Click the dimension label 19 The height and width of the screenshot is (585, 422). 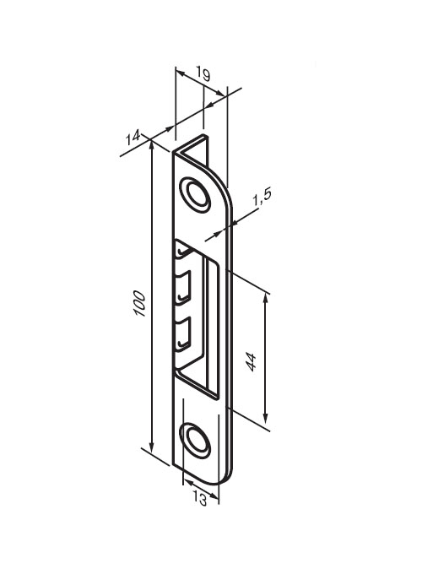pos(203,74)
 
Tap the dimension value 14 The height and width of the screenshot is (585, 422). pos(133,138)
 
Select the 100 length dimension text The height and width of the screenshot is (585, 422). pos(139,304)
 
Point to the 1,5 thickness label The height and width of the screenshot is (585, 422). pos(262,198)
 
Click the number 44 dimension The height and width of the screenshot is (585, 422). pos(251,361)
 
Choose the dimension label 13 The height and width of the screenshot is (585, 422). pos(200,498)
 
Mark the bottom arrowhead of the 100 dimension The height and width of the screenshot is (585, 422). pos(151,447)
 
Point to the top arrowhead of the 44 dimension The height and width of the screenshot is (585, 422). pos(265,298)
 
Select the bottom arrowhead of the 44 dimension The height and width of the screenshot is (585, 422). pos(265,418)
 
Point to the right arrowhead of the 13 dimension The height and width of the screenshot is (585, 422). pos(214,496)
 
